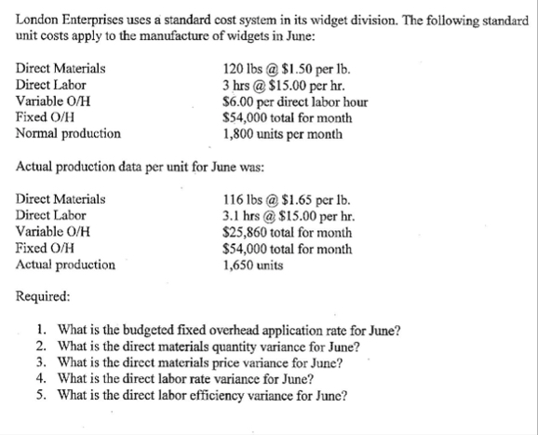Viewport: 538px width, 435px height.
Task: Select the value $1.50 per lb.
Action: pyautogui.click(x=303, y=68)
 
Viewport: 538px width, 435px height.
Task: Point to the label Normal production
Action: pyautogui.click(x=69, y=133)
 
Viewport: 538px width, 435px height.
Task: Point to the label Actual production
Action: pyautogui.click(x=66, y=265)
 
